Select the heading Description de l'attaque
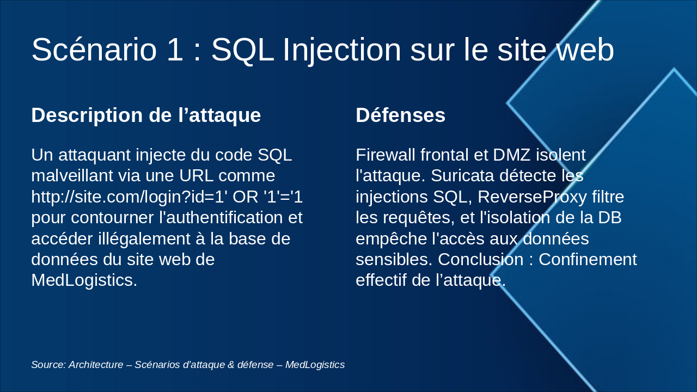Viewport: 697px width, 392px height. pyautogui.click(x=146, y=115)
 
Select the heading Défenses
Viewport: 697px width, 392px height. pyautogui.click(x=400, y=115)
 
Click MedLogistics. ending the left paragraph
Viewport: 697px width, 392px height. pyautogui.click(x=84, y=280)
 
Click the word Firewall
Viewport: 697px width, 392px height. pyautogui.click(x=386, y=155)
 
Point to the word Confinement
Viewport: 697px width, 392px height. pyautogui.click(x=588, y=259)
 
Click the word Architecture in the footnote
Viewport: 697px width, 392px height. pyautogui.click(x=96, y=365)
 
